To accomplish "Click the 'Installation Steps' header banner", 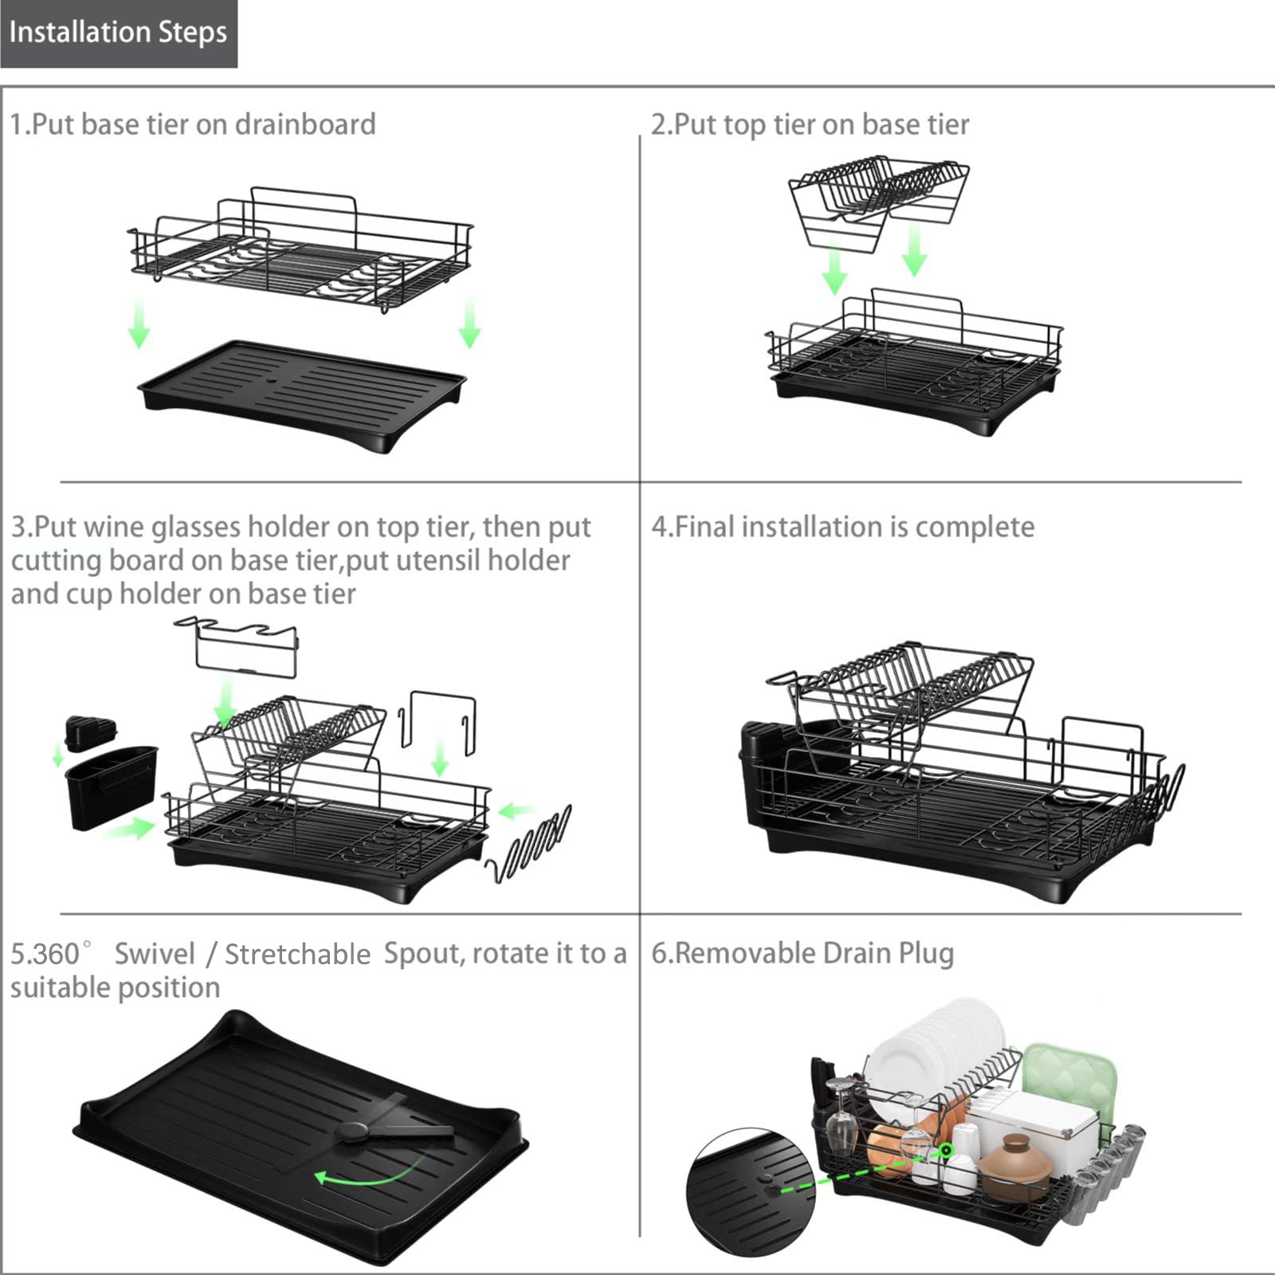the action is pos(118,33).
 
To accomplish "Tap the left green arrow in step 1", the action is pos(139,324).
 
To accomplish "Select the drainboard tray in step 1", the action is pos(302,396).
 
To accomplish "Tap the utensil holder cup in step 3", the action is pos(111,787).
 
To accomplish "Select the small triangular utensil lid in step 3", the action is pos(90,733).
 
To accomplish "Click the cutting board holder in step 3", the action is pos(437,721).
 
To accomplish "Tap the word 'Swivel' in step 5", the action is pos(155,954).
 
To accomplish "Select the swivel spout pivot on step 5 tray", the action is pos(352,1130).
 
